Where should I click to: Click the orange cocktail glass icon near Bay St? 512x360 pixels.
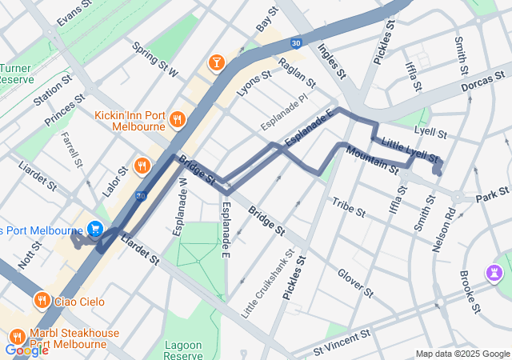click(x=215, y=63)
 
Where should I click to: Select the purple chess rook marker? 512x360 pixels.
click(x=495, y=274)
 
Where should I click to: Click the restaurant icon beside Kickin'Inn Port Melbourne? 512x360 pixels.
click(x=178, y=119)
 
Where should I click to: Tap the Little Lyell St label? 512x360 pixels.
click(x=410, y=148)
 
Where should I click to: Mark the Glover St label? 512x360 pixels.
click(x=355, y=282)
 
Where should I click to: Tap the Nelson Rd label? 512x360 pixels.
click(x=443, y=230)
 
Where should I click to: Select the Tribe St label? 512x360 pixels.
click(x=348, y=209)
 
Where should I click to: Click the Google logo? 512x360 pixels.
click(x=26, y=350)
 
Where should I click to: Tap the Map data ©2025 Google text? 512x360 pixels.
click(x=462, y=354)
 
